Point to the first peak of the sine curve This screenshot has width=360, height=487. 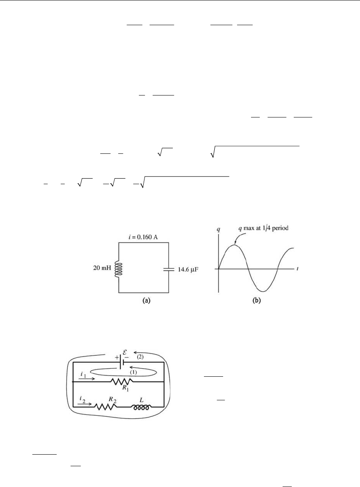pyautogui.click(x=235, y=245)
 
